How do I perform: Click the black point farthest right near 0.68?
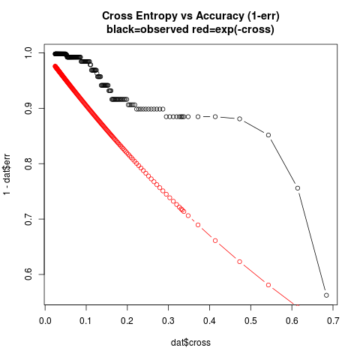(326, 295)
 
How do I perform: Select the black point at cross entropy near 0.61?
(298, 188)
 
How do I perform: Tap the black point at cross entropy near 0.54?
(268, 135)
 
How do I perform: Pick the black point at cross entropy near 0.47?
(239, 118)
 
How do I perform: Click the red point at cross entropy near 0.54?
(268, 285)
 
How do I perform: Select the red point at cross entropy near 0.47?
(239, 262)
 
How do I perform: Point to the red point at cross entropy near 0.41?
(215, 241)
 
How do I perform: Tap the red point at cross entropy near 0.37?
(198, 225)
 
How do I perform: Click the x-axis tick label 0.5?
(250, 321)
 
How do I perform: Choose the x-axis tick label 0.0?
(45, 321)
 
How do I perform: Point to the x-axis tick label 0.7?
(333, 321)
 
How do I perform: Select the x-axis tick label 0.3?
(168, 321)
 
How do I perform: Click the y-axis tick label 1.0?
(28, 53)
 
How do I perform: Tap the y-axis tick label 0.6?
(28, 274)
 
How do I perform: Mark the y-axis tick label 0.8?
(28, 163)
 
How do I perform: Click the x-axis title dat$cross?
(190, 343)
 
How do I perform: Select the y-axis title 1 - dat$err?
(7, 174)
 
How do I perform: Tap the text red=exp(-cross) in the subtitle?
(233, 30)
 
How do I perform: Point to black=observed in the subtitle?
(148, 29)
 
